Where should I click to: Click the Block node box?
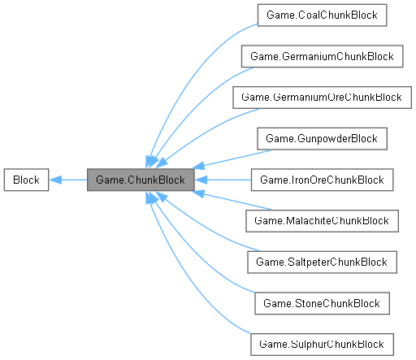26,179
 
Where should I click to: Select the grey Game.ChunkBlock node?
141,179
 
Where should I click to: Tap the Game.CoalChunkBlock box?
321,15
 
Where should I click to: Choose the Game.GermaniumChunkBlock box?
321,56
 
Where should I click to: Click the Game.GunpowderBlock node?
321,138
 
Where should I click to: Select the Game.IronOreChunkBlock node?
321,179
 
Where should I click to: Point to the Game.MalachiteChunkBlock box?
321,220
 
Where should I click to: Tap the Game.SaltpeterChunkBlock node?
321,262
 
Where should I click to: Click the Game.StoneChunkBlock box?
321,303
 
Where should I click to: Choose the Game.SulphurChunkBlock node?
321,344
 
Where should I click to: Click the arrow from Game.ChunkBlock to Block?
69,179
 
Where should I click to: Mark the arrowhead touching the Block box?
55,179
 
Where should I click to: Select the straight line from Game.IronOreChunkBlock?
227,179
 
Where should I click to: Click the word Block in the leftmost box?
26,179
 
